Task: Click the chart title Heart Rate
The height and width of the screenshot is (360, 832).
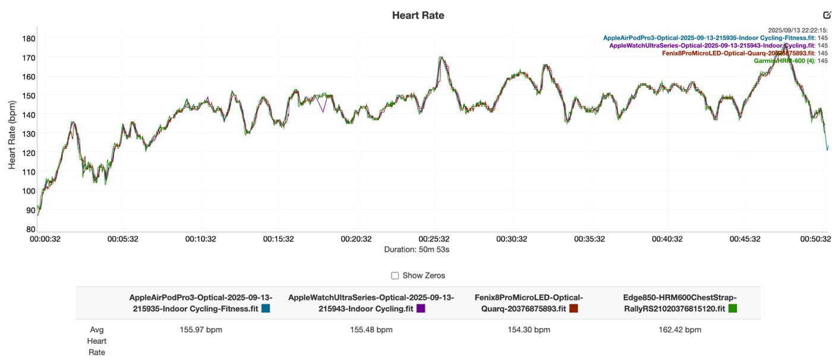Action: pyautogui.click(x=418, y=15)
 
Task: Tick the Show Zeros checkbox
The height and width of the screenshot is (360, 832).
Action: pyautogui.click(x=395, y=276)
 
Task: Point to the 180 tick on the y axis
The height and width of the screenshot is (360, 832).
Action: pyautogui.click(x=29, y=39)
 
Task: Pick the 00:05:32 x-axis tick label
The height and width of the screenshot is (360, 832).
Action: pyautogui.click(x=122, y=239)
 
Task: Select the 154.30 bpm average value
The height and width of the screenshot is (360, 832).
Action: pyautogui.click(x=529, y=330)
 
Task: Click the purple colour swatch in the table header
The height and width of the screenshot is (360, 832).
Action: pyautogui.click(x=421, y=308)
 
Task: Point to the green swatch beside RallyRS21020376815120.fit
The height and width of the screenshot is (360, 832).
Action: pyautogui.click(x=733, y=308)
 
